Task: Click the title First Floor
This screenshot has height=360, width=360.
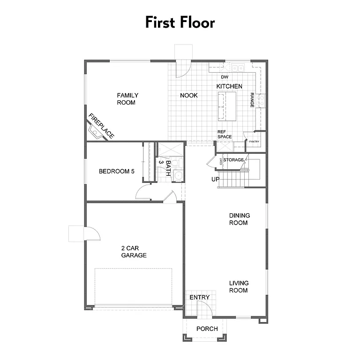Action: coord(180,22)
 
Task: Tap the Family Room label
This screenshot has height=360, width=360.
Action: coord(127,99)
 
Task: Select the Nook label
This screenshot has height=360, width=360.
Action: coord(189,96)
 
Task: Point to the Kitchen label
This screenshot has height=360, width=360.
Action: coord(229,86)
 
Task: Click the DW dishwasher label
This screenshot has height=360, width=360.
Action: coord(225,77)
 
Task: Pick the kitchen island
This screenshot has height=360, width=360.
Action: coord(227,106)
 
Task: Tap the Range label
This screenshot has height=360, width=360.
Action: coord(252,100)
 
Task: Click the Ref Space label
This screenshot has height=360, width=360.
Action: coord(225,134)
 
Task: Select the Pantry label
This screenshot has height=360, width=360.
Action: coord(254,142)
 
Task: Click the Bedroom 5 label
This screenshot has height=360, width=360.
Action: coord(117,172)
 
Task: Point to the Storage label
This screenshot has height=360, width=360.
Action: coord(233,160)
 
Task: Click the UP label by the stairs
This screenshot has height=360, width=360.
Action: coord(215,180)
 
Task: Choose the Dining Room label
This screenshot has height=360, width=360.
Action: coord(239,219)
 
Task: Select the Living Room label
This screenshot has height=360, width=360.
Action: coord(239,286)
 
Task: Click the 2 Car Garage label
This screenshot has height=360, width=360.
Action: coord(134,252)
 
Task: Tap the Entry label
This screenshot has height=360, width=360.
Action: coord(199,298)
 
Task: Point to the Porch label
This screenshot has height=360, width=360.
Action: coord(207,329)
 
